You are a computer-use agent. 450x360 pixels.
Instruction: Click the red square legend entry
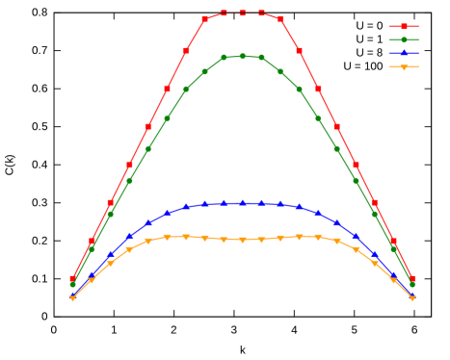404,27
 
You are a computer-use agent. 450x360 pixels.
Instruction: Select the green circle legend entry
404,39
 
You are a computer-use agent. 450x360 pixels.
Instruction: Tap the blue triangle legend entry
404,53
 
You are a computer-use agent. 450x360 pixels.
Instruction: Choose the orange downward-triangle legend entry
404,66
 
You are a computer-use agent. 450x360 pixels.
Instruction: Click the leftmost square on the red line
72,279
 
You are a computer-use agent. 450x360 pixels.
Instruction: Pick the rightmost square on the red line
412,279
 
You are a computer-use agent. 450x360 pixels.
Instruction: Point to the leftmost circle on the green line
72,285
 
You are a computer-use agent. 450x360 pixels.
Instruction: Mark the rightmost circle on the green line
412,285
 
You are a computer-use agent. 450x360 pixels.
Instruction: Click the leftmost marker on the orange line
72,298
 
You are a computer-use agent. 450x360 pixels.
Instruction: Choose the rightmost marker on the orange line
412,298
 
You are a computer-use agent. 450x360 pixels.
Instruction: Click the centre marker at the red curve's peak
243,13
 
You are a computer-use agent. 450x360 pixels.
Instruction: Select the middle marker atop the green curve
243,56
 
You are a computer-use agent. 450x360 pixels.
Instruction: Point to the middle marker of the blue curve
243,203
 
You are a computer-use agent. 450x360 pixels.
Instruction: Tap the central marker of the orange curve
243,240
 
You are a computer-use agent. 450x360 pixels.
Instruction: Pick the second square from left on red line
92,241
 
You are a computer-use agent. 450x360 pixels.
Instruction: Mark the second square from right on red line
393,241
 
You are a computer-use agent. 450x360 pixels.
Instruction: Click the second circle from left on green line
92,248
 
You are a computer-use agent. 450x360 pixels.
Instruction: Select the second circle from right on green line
393,248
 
